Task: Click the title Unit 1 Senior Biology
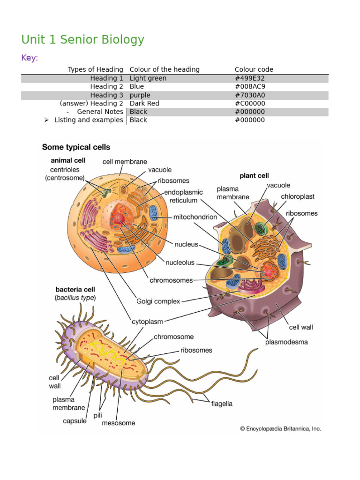click(x=82, y=40)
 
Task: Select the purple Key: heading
click(x=30, y=58)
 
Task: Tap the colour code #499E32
click(x=249, y=78)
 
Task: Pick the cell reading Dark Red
click(x=144, y=104)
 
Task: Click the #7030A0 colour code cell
click(x=250, y=95)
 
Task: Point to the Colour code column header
click(x=254, y=69)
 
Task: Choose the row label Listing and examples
click(x=89, y=120)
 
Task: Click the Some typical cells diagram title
click(x=76, y=147)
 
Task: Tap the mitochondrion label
click(x=195, y=217)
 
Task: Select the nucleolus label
click(x=180, y=262)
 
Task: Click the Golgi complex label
click(x=158, y=301)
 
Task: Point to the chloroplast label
click(x=298, y=196)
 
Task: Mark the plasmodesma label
click(x=286, y=342)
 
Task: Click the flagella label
click(x=222, y=404)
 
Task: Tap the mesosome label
click(x=118, y=423)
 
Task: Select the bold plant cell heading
click(x=254, y=176)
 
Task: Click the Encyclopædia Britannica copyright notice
click(x=280, y=429)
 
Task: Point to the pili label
click(x=97, y=415)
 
